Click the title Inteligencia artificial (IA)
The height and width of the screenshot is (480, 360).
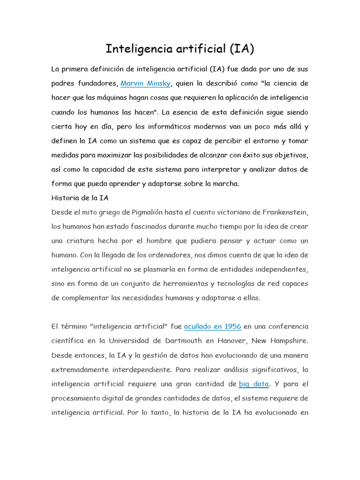(x=180, y=49)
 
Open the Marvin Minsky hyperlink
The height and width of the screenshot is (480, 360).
(x=146, y=84)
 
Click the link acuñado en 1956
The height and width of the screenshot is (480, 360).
(x=212, y=326)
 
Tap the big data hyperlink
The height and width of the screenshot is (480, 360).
(x=254, y=384)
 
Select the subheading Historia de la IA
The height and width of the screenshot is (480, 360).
(x=80, y=198)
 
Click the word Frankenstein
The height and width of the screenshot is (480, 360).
(x=283, y=212)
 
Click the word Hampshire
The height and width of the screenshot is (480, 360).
(x=288, y=341)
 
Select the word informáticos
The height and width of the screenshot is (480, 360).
(x=165, y=127)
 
